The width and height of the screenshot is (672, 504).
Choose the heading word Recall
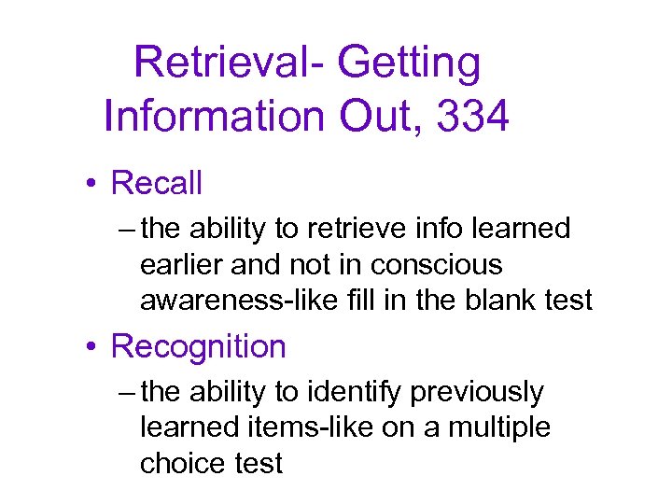(x=156, y=183)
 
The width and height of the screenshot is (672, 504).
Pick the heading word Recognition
(x=198, y=346)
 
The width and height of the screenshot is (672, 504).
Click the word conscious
(x=436, y=265)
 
